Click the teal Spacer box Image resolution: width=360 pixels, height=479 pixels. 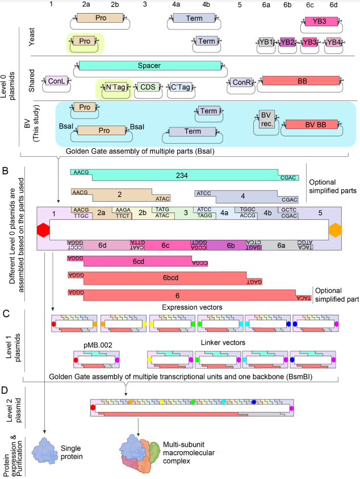[x=149, y=66]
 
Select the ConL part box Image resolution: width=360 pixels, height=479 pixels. [x=56, y=82]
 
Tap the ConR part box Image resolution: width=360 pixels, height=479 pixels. [x=239, y=82]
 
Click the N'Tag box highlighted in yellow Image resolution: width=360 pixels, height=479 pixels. [x=114, y=88]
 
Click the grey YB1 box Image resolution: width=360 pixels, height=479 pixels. [x=266, y=41]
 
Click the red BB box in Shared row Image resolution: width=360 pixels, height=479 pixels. [x=301, y=82]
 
